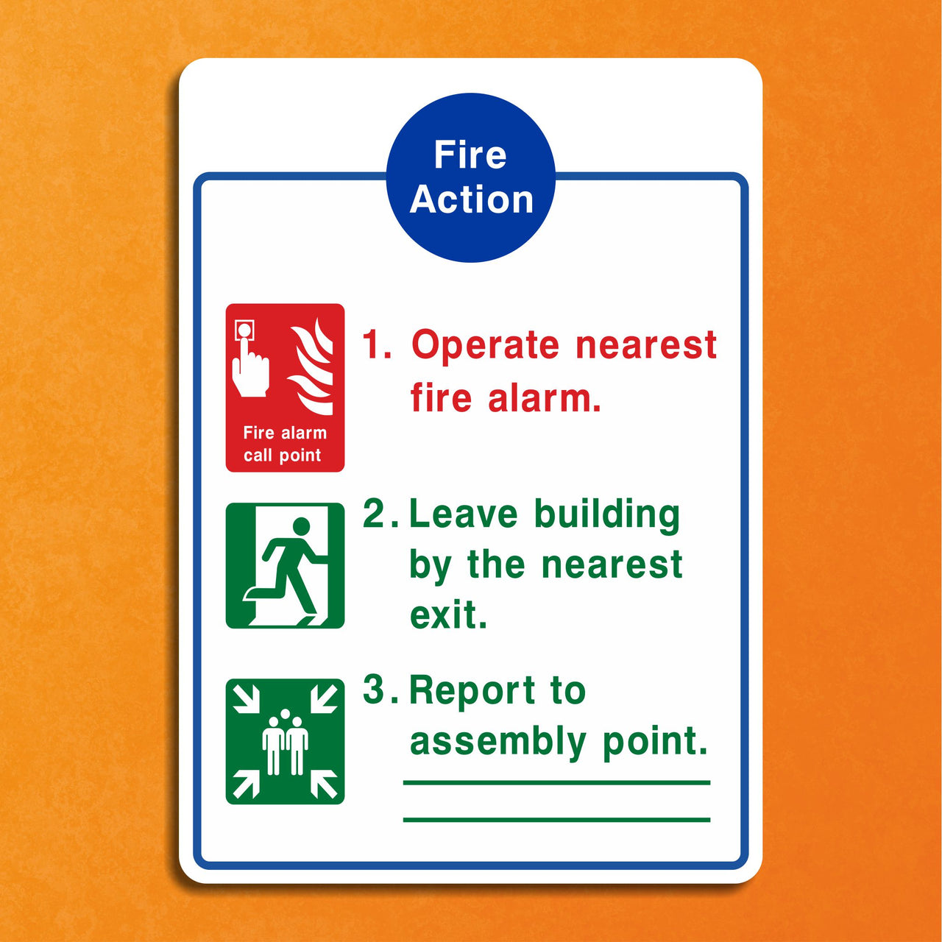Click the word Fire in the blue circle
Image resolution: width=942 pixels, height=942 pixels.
[x=470, y=155]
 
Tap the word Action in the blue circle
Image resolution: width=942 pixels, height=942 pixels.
[x=472, y=199]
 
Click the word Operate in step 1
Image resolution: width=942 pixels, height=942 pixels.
[x=485, y=345]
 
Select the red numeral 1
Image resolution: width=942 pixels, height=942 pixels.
[x=375, y=345]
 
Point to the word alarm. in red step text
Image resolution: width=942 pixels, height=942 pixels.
[x=545, y=398]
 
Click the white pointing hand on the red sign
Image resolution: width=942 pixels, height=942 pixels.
[x=249, y=369]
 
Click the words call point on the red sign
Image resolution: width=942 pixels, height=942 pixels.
[x=283, y=456]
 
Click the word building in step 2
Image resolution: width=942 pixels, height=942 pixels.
[x=606, y=514]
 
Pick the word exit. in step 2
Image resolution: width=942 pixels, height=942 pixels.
[x=448, y=615]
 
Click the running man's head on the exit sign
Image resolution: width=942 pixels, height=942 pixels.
[x=302, y=526]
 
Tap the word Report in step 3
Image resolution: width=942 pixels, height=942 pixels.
[x=472, y=690]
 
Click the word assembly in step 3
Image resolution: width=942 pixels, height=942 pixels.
[x=497, y=741]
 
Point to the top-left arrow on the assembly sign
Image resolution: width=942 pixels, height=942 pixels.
[x=246, y=698]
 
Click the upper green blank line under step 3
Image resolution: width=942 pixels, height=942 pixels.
[x=556, y=782]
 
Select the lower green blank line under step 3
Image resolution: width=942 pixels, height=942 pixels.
[x=556, y=819]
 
